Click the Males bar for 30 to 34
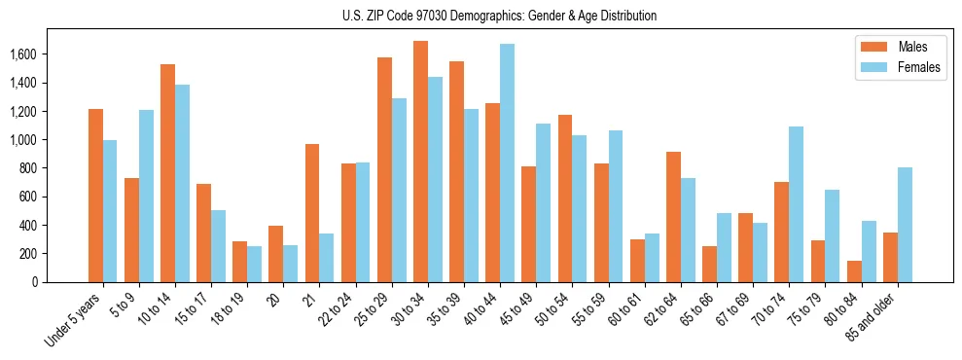(x=420, y=162)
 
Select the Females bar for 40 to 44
(x=507, y=162)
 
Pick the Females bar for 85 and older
(x=905, y=225)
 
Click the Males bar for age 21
(x=312, y=213)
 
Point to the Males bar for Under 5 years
(x=95, y=196)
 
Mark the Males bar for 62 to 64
(x=673, y=217)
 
